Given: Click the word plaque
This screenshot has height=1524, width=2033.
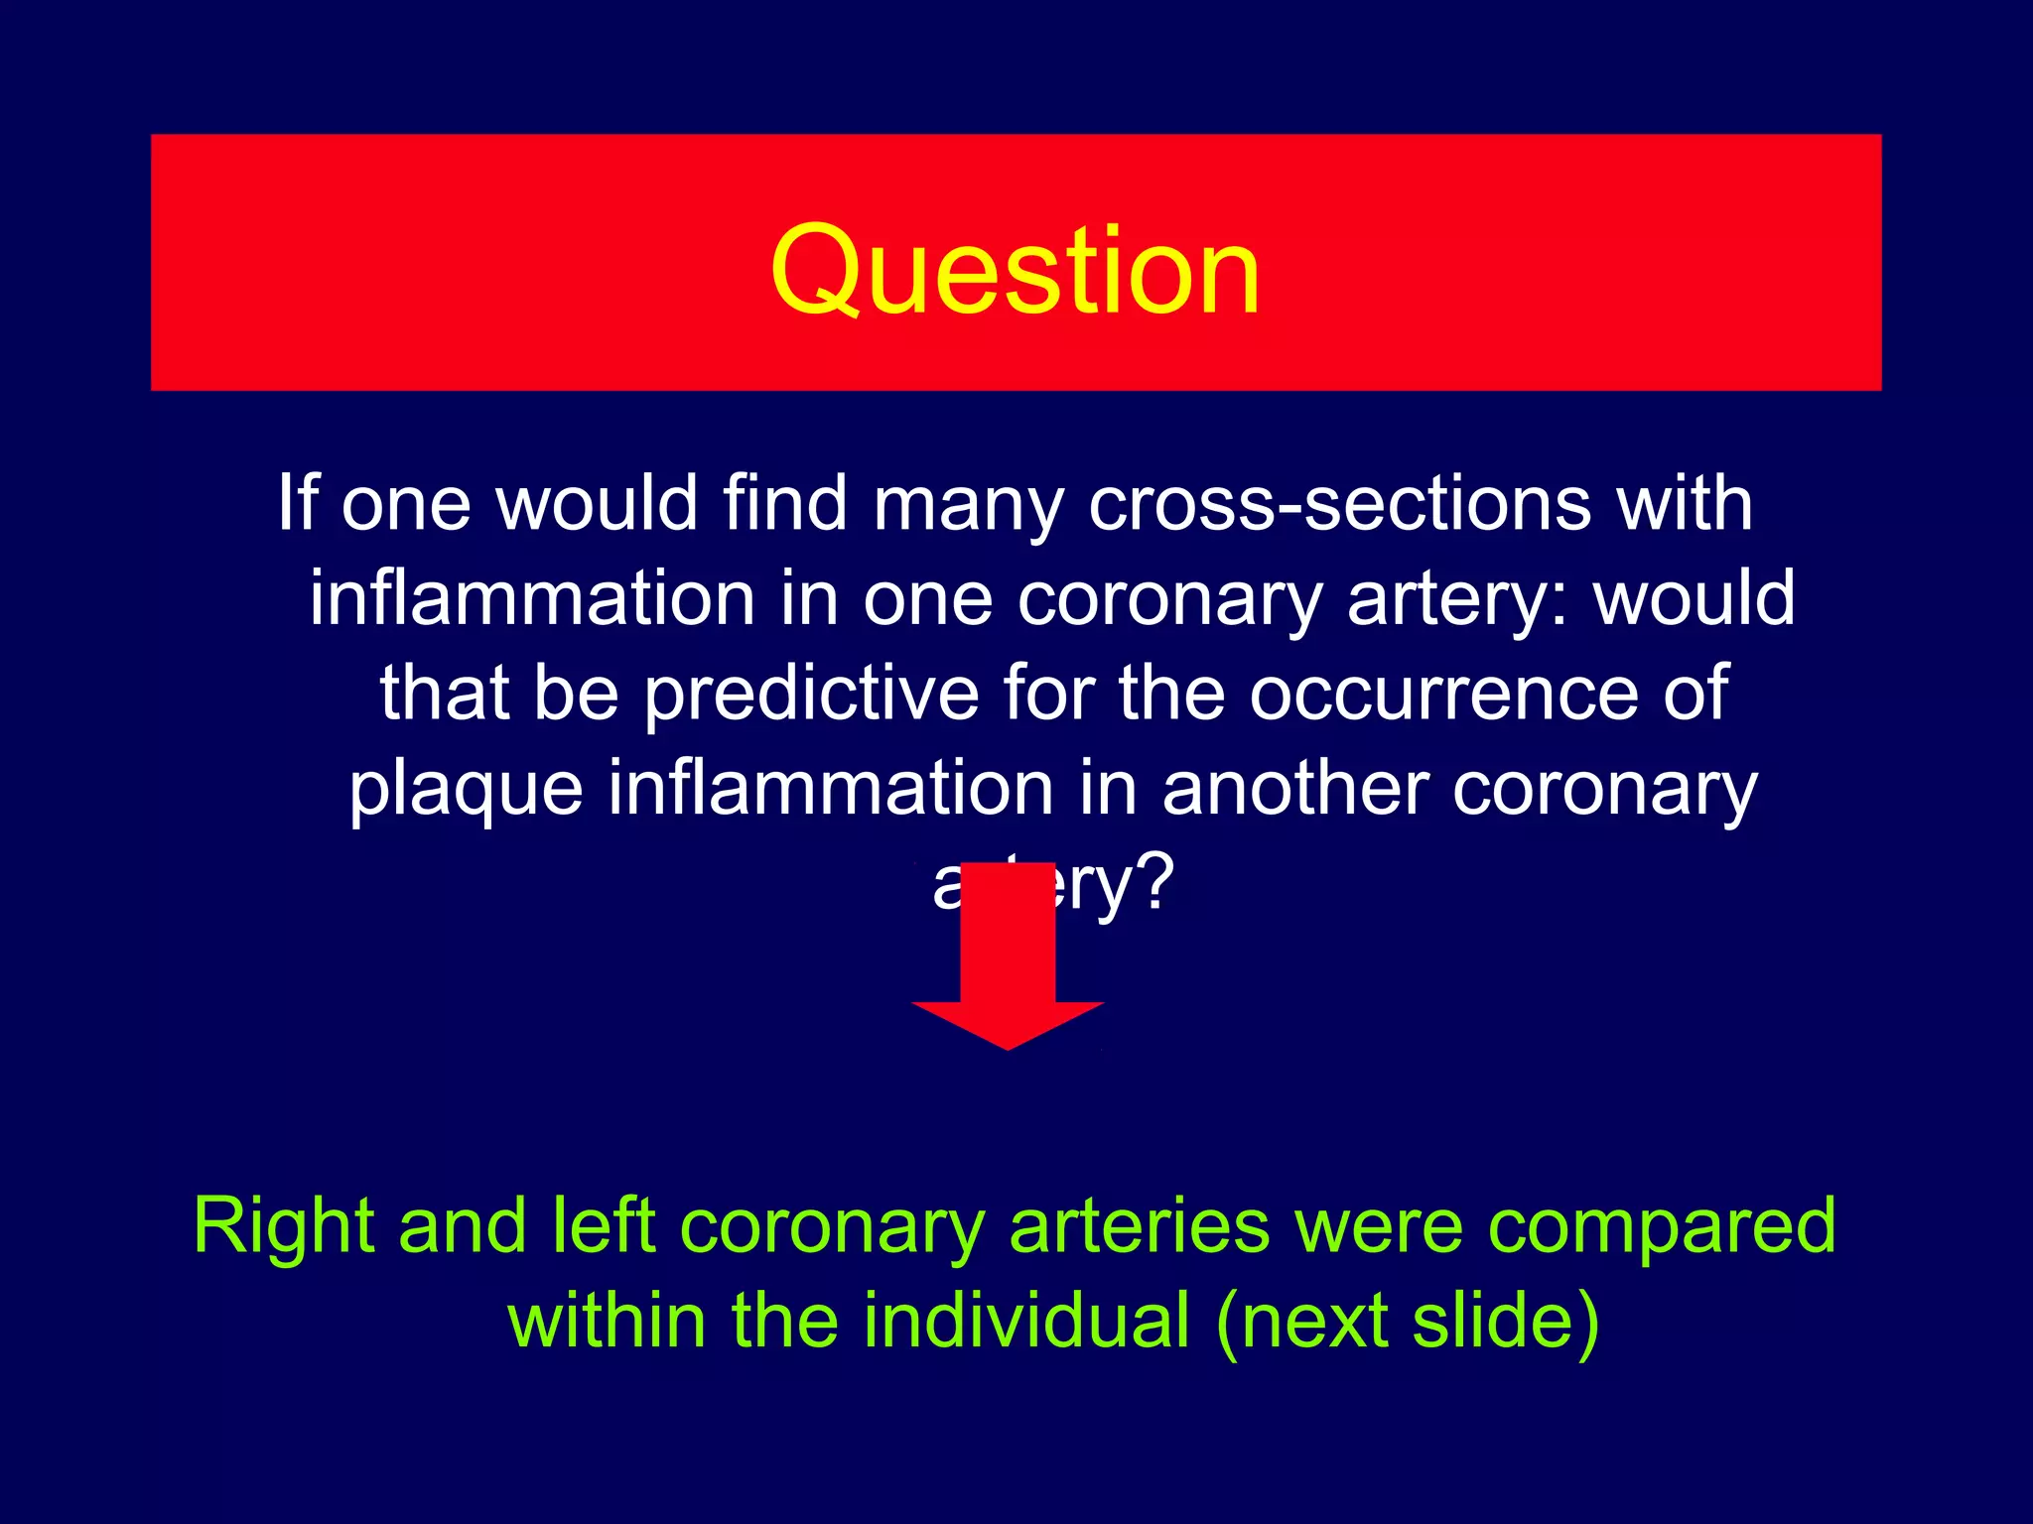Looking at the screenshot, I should point(466,789).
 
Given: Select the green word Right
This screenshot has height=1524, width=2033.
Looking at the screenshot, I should point(284,1226).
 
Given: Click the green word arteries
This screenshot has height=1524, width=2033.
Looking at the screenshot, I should point(1139,1226).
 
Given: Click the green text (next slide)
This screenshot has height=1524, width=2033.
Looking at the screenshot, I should point(1408,1322).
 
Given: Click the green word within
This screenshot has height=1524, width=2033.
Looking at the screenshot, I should point(607,1322).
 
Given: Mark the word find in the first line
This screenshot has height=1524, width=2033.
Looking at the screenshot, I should point(784,503).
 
